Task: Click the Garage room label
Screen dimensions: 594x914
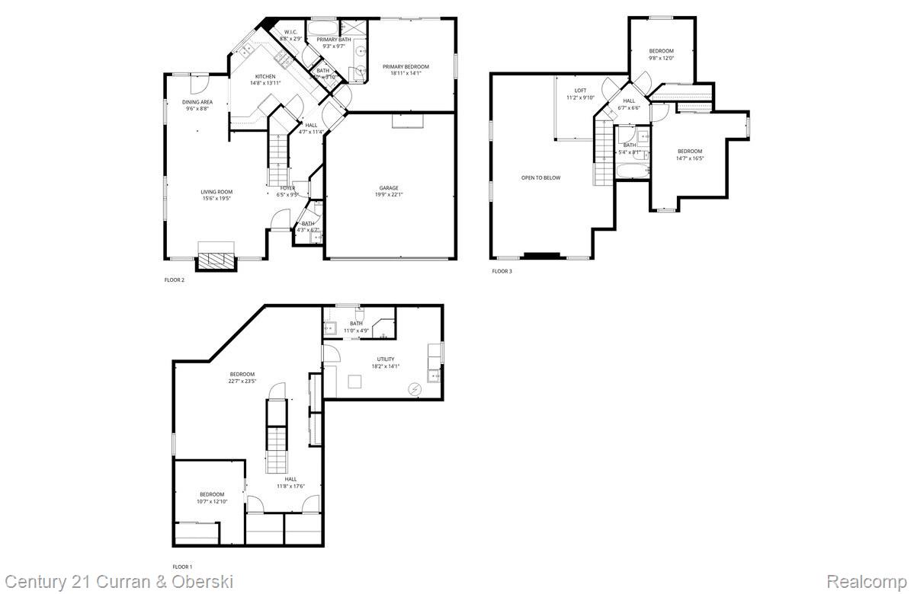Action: pyautogui.click(x=389, y=188)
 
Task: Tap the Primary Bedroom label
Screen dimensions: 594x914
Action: pyautogui.click(x=406, y=67)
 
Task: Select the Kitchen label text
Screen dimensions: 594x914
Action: pyautogui.click(x=265, y=76)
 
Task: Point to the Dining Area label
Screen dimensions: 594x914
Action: pyautogui.click(x=197, y=102)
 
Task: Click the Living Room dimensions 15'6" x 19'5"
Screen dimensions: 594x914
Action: pyautogui.click(x=216, y=199)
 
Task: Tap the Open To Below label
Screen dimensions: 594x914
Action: pyautogui.click(x=540, y=178)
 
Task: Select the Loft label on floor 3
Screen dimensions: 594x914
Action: pyautogui.click(x=580, y=91)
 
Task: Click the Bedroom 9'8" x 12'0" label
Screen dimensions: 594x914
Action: pyautogui.click(x=661, y=51)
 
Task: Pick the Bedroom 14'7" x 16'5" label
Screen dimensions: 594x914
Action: pyautogui.click(x=689, y=152)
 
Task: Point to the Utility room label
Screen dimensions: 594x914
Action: pyautogui.click(x=386, y=359)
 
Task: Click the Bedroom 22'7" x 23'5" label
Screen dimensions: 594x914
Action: pyautogui.click(x=242, y=374)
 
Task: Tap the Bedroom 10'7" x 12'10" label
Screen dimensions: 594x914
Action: pyautogui.click(x=212, y=494)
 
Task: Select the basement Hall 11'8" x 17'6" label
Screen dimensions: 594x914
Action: pyautogui.click(x=290, y=479)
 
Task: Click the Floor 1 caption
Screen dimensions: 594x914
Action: pyautogui.click(x=182, y=567)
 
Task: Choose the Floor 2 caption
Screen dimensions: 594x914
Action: pyautogui.click(x=175, y=280)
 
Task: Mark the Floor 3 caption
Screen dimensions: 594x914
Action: pyautogui.click(x=502, y=271)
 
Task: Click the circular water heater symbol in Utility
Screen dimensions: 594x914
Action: pyautogui.click(x=415, y=388)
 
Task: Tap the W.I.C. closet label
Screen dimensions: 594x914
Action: pyautogui.click(x=290, y=31)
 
